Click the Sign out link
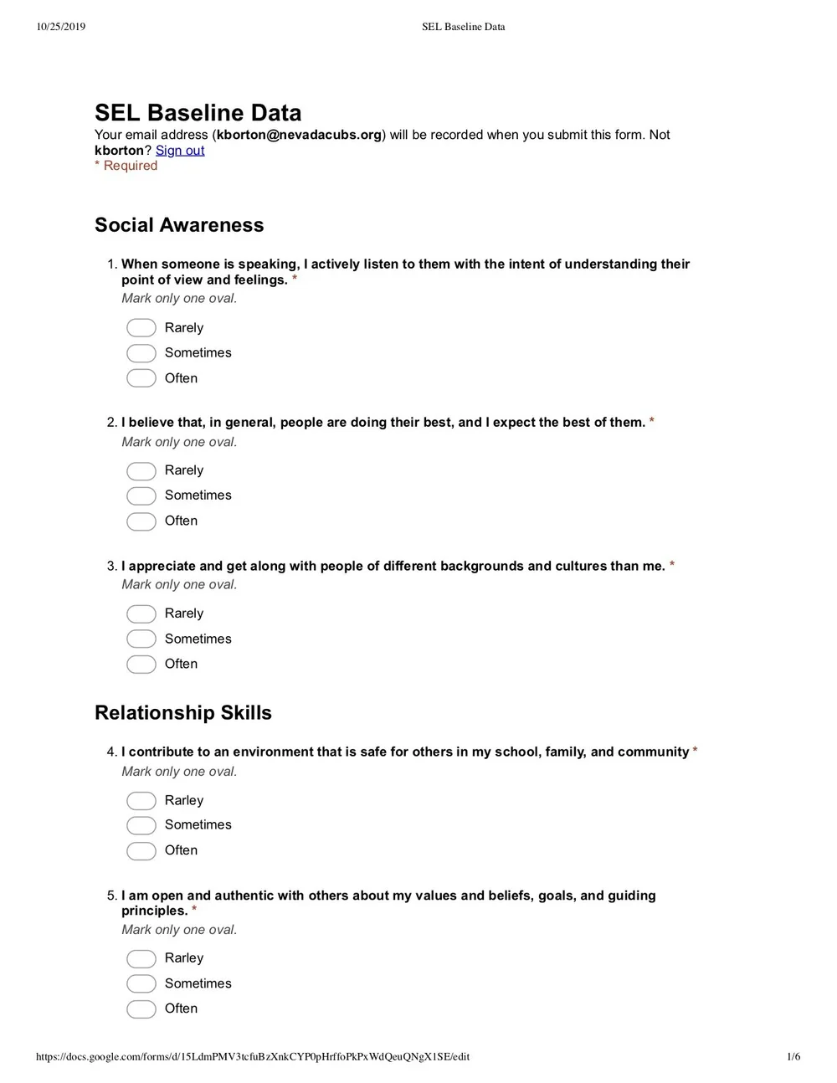click(180, 151)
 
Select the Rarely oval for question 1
click(141, 328)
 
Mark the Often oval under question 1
click(141, 378)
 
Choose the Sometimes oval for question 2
click(141, 495)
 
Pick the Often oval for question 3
click(141, 665)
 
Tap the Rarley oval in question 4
click(141, 801)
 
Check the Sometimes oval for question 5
click(141, 983)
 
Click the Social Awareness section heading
click(179, 225)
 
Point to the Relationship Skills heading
click(183, 713)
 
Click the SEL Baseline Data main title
click(198, 113)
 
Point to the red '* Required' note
click(126, 166)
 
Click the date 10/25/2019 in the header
click(61, 27)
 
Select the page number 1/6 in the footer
click(793, 1056)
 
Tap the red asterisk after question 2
click(652, 423)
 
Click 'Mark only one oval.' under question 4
click(179, 772)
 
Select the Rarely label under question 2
click(184, 470)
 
